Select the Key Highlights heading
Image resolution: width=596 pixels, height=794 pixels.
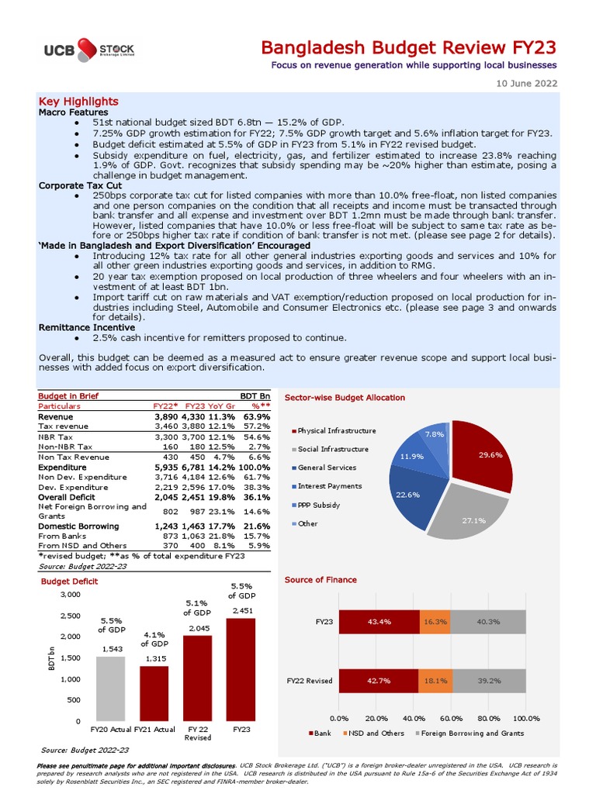[78, 102]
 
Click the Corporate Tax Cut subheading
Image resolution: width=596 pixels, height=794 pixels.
[80, 186]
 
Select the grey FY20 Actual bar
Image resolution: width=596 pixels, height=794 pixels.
[109, 689]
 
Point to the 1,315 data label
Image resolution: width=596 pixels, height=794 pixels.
[153, 659]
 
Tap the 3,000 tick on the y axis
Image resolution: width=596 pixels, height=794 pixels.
[70, 595]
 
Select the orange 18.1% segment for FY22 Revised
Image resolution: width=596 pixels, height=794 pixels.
[435, 681]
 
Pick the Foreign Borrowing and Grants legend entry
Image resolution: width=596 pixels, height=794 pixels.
[477, 733]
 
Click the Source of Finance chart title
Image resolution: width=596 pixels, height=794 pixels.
[321, 580]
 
